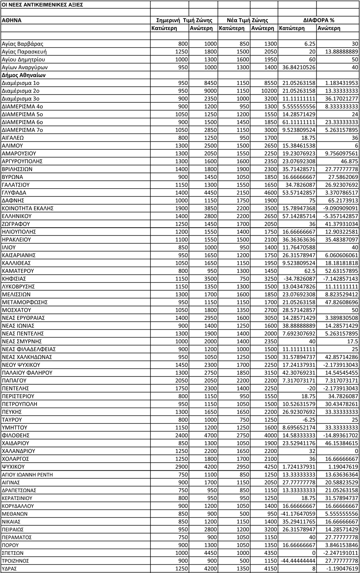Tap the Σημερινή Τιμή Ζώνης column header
point(184,20)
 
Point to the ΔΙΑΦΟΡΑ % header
point(319,20)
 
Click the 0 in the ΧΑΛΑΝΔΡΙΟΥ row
point(355,451)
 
